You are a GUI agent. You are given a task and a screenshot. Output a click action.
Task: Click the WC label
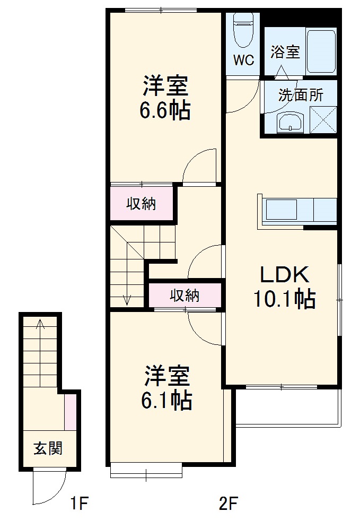click(x=244, y=60)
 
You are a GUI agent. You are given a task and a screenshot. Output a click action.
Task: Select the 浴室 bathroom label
click(x=285, y=52)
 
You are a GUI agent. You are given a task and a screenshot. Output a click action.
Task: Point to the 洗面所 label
click(x=301, y=96)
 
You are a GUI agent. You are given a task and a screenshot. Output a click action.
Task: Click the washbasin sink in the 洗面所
click(x=289, y=122)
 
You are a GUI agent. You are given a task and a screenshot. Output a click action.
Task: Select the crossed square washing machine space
click(x=323, y=119)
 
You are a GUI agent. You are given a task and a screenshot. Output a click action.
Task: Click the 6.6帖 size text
click(x=165, y=110)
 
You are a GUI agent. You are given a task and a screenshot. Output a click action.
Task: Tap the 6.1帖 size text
click(x=166, y=401)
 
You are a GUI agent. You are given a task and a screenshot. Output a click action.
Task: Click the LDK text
click(x=284, y=275)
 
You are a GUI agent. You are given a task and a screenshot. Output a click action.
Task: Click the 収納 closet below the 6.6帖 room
click(x=142, y=204)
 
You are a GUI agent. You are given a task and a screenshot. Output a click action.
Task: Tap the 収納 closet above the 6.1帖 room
click(x=185, y=296)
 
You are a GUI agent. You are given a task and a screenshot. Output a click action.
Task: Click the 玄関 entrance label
click(x=48, y=448)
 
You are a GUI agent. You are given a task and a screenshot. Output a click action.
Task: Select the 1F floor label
click(x=78, y=502)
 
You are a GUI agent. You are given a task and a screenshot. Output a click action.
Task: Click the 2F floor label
click(x=228, y=502)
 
